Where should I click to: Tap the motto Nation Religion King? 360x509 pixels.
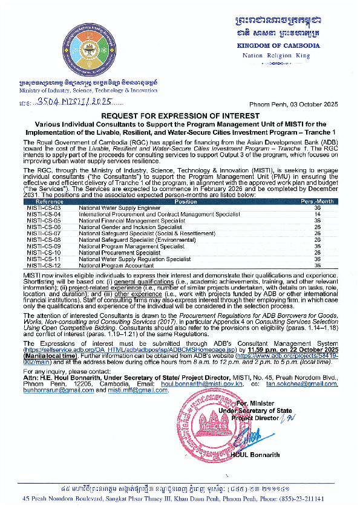(276, 56)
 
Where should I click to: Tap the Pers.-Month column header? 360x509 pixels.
(316, 201)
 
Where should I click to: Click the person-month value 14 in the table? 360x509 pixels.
(316, 214)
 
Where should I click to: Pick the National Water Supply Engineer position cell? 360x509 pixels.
(116, 207)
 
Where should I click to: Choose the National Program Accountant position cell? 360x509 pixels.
(116, 265)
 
